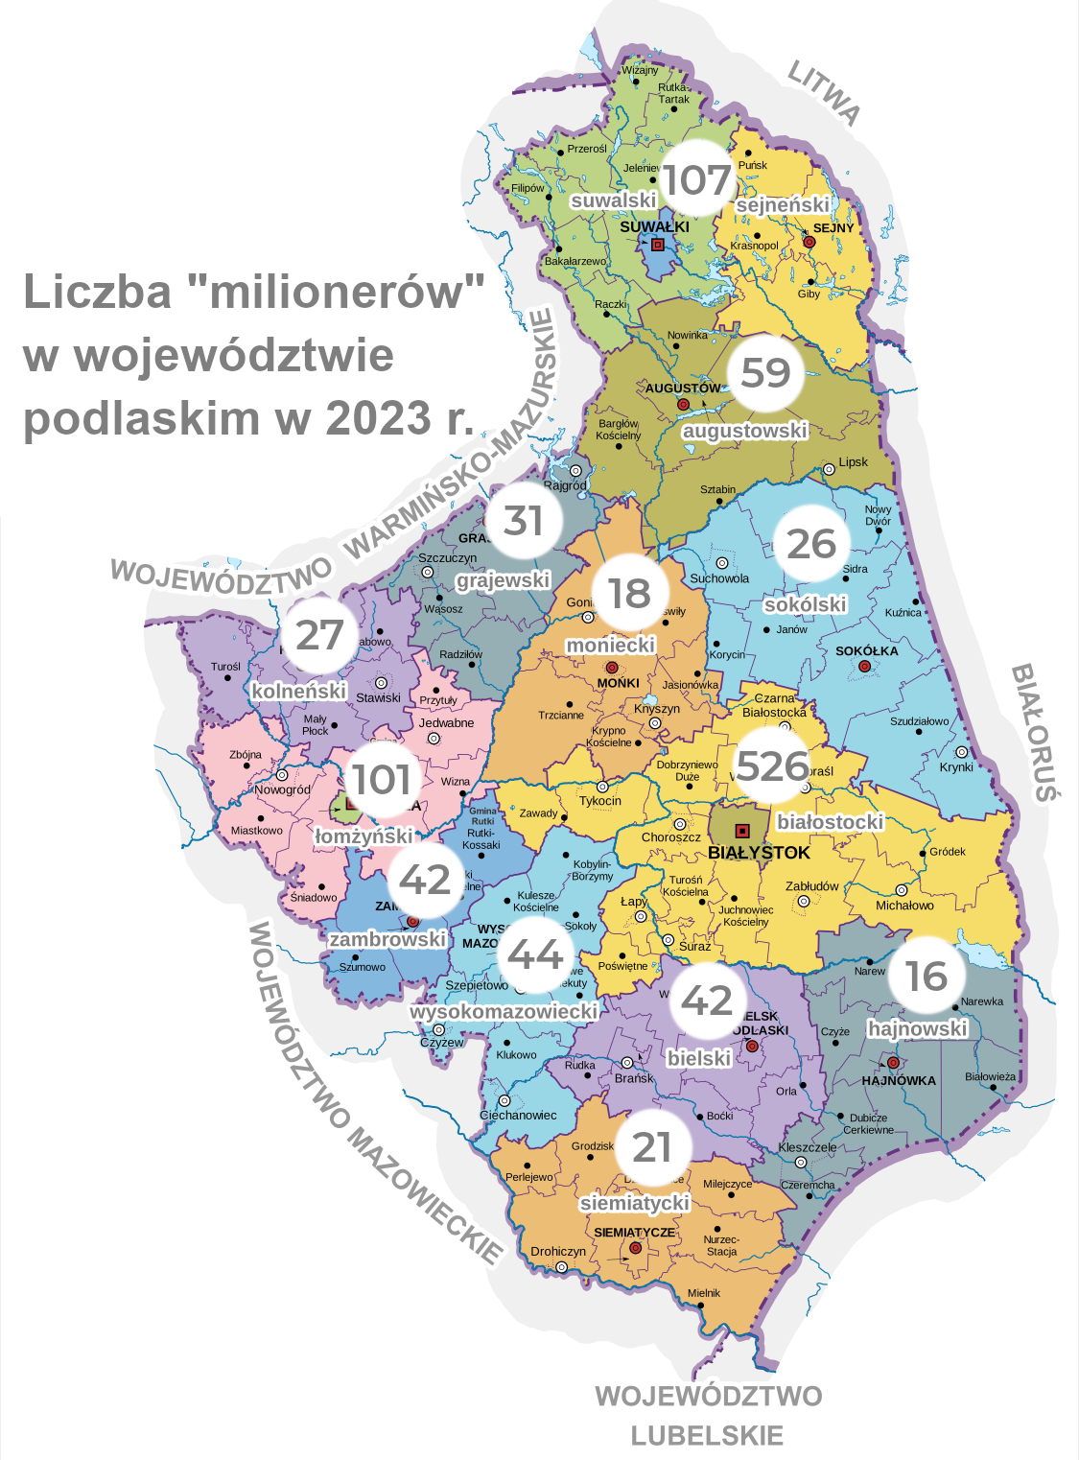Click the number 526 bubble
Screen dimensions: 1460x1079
tap(772, 766)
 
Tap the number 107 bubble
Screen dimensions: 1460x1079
tap(697, 179)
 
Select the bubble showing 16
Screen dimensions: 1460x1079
tap(927, 977)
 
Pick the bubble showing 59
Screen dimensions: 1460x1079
tap(765, 373)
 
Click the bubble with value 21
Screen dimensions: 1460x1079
tap(652, 1147)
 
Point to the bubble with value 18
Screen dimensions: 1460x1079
tap(629, 593)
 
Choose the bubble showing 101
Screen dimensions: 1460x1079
tap(381, 780)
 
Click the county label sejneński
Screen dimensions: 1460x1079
tap(783, 205)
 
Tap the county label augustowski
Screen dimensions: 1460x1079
tap(745, 431)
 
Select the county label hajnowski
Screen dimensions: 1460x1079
tap(918, 1029)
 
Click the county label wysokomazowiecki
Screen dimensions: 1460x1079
tap(504, 1011)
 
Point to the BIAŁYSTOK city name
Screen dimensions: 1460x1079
tap(759, 853)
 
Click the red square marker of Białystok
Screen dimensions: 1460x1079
tap(741, 831)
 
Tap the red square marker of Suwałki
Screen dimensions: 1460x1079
tap(658, 245)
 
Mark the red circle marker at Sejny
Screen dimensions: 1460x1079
tap(809, 243)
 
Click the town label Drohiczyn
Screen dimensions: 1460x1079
tap(558, 1252)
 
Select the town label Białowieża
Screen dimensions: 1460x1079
tap(990, 1076)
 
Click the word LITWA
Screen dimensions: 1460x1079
tap(824, 92)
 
